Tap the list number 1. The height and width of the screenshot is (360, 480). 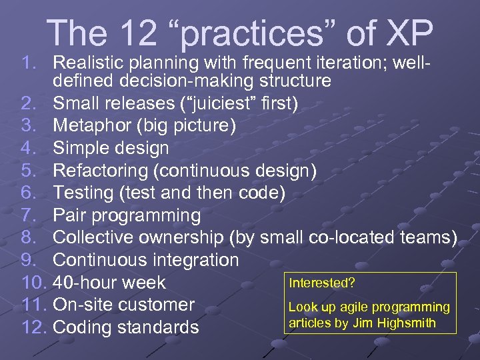(x=27, y=63)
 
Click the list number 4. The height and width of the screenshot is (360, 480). (x=27, y=148)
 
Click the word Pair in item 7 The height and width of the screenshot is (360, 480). (x=70, y=215)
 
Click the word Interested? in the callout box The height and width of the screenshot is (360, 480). (x=321, y=283)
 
